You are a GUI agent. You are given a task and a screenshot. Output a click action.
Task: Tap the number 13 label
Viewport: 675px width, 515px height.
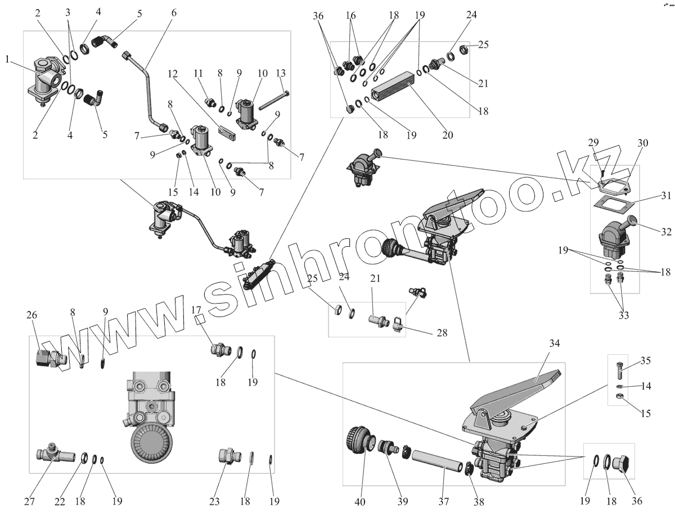click(x=282, y=73)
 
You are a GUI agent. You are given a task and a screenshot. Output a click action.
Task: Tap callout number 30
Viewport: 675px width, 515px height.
click(x=642, y=143)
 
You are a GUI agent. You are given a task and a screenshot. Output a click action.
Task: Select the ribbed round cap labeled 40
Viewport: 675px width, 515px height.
click(x=358, y=440)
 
